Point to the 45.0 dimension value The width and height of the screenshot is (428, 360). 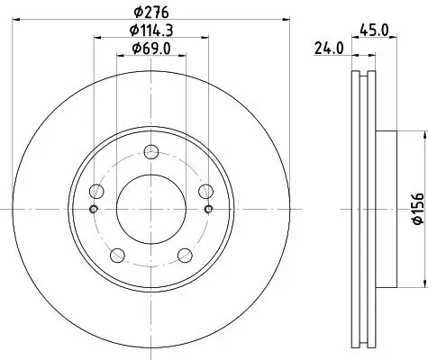pos(375,30)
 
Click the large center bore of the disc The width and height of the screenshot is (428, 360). pos(150,208)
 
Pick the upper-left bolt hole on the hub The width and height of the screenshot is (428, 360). pos(96,190)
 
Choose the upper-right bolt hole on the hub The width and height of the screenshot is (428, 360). pos(205,190)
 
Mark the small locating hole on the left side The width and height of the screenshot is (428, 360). pos(93,209)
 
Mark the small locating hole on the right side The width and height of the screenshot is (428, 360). pos(208,209)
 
